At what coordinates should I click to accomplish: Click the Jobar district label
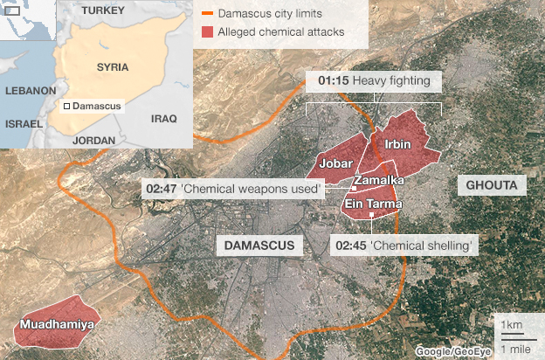pyautogui.click(x=335, y=163)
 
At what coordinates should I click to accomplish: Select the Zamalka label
pyautogui.click(x=378, y=180)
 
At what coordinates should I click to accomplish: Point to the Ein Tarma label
pyautogui.click(x=374, y=204)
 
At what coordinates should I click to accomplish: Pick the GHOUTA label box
pyautogui.click(x=492, y=186)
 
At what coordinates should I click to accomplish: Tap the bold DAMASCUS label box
pyautogui.click(x=259, y=246)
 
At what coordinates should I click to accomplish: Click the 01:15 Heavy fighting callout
pyautogui.click(x=374, y=82)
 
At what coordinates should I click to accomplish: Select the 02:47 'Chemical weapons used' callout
pyautogui.click(x=233, y=188)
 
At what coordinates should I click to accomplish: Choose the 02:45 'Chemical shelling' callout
pyautogui.click(x=406, y=246)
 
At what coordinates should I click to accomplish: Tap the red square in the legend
pyautogui.click(x=207, y=32)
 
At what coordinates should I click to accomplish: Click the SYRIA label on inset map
pyautogui.click(x=114, y=66)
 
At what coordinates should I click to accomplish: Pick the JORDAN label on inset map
pyautogui.click(x=94, y=140)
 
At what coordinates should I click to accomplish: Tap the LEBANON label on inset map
pyautogui.click(x=31, y=91)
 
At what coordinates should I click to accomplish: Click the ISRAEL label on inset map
pyautogui.click(x=24, y=124)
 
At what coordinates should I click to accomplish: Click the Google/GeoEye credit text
pyautogui.click(x=451, y=351)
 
